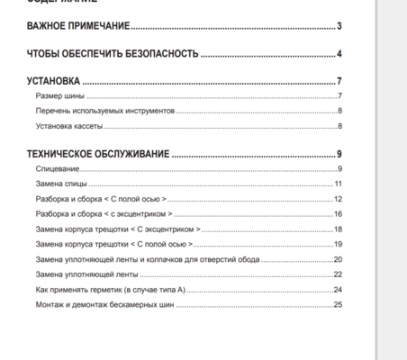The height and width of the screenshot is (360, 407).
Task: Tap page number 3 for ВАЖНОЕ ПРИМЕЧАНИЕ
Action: point(339,26)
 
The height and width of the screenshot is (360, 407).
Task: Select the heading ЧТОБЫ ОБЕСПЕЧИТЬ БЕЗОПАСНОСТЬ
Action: point(113,54)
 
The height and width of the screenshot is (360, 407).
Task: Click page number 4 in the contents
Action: point(339,54)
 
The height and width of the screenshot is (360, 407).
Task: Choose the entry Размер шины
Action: point(60,96)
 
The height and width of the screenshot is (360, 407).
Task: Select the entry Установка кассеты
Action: point(69,126)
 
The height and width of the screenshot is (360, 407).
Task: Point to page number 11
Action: point(338,184)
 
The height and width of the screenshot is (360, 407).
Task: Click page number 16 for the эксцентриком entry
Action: point(338,213)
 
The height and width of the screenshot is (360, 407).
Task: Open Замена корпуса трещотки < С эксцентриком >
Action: point(117,229)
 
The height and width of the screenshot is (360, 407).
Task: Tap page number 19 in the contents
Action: point(338,244)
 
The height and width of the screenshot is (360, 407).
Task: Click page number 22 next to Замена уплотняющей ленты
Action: point(338,274)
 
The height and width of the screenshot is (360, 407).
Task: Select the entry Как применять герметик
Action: point(110,289)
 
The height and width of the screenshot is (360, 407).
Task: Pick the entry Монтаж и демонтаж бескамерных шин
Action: point(104,304)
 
